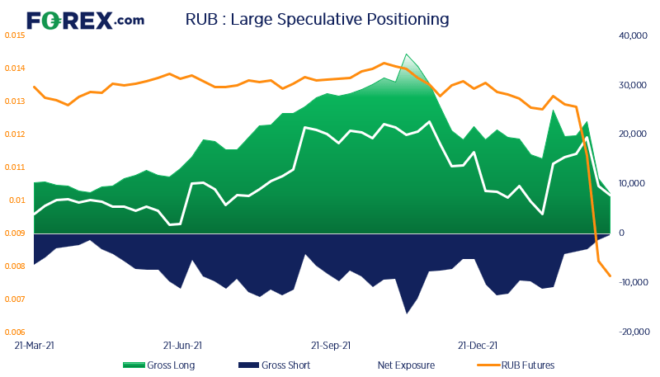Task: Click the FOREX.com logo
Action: tap(84, 21)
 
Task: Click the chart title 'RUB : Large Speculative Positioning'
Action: tap(318, 18)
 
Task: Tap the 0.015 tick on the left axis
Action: tap(16, 35)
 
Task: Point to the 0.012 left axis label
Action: tap(16, 134)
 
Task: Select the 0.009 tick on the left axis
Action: tap(16, 233)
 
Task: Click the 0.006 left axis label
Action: tap(16, 332)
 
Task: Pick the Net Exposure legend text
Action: tap(406, 365)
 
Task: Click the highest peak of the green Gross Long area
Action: tap(407, 54)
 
